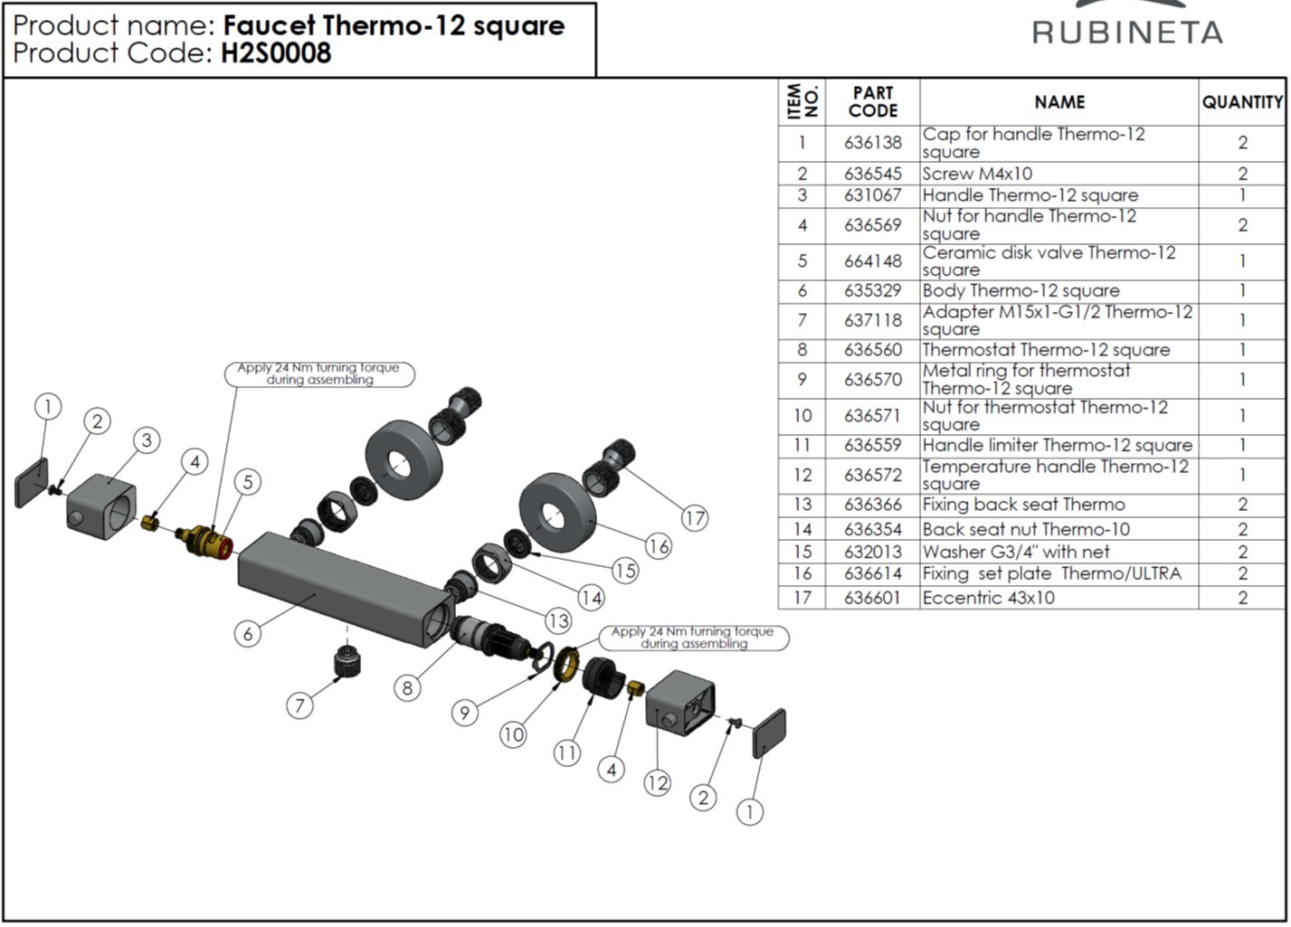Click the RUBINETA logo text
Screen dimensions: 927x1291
click(1127, 33)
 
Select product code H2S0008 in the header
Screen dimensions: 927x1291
click(276, 53)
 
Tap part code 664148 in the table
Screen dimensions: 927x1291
click(872, 261)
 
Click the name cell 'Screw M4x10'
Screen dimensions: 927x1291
click(977, 174)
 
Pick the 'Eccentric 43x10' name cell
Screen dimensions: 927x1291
click(988, 598)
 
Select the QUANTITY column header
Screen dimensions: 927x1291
click(1242, 102)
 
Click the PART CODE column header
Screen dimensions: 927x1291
click(872, 102)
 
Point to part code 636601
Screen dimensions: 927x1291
click(872, 598)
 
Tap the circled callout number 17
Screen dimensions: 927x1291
click(694, 518)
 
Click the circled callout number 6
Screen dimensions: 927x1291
click(248, 633)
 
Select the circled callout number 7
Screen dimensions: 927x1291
click(299, 705)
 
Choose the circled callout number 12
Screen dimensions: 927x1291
click(657, 783)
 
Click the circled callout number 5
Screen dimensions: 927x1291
click(247, 481)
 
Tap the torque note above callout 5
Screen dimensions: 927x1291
click(318, 374)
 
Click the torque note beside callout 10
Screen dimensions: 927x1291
click(693, 638)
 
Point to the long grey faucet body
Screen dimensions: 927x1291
click(344, 588)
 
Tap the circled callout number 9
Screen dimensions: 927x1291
click(464, 713)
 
